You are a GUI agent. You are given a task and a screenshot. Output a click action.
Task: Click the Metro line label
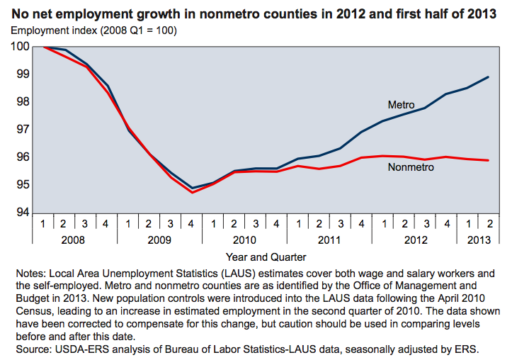point(401,105)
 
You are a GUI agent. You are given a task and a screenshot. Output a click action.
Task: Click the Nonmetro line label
point(411,167)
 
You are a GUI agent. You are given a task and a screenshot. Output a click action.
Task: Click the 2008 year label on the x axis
point(74,240)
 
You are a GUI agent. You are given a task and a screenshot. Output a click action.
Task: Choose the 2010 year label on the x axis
point(244,240)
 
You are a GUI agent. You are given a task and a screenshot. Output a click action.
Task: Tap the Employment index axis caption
point(93,31)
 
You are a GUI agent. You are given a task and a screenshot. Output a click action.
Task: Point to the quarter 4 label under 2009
point(191,224)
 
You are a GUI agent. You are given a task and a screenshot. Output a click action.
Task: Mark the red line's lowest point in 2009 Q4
point(192,192)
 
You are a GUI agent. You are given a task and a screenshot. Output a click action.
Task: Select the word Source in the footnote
point(30,349)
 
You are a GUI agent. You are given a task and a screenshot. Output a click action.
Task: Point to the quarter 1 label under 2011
point(298,224)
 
